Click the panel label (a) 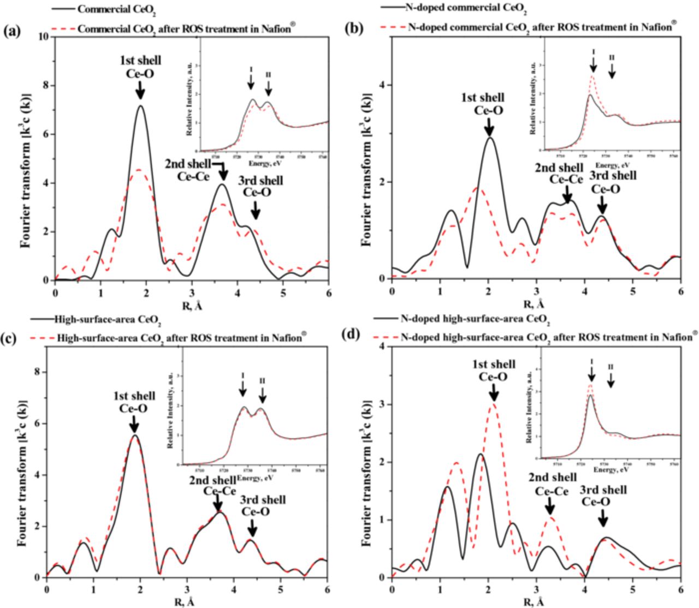click(12, 31)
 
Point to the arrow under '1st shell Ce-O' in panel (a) click(140, 88)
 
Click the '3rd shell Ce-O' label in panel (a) click(255, 187)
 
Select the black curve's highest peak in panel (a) click(140, 105)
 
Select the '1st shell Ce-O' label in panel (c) click(134, 402)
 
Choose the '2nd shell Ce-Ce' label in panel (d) click(552, 485)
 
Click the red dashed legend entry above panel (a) click(187, 28)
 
